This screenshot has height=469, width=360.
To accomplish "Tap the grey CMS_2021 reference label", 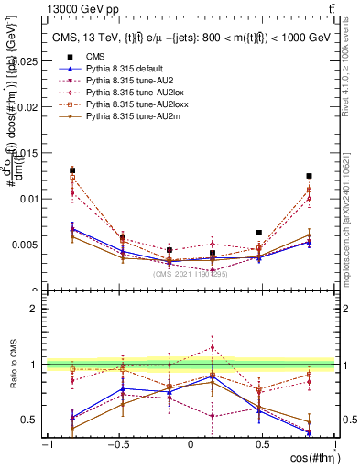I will pos(191,273).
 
